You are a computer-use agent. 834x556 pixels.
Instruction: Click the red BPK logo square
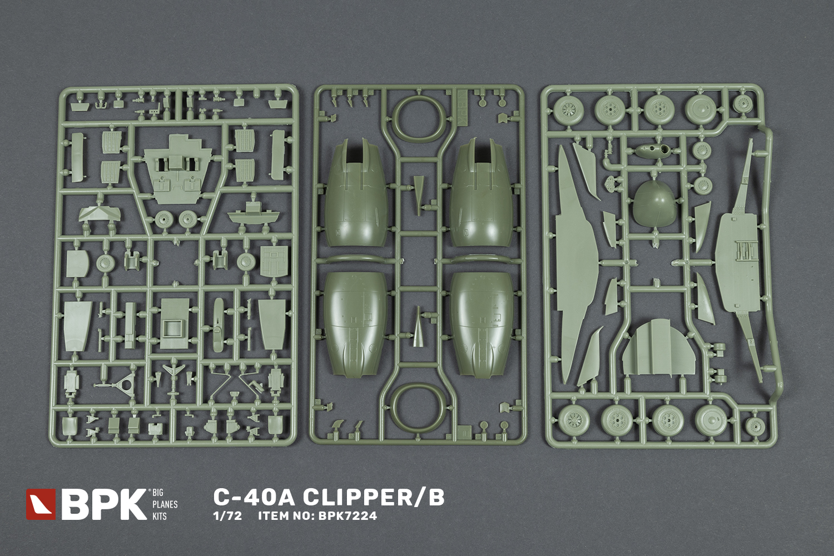[x=41, y=504]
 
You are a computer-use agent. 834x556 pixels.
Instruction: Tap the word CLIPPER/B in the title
[x=374, y=498]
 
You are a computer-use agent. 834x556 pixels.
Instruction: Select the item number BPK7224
[x=349, y=516]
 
